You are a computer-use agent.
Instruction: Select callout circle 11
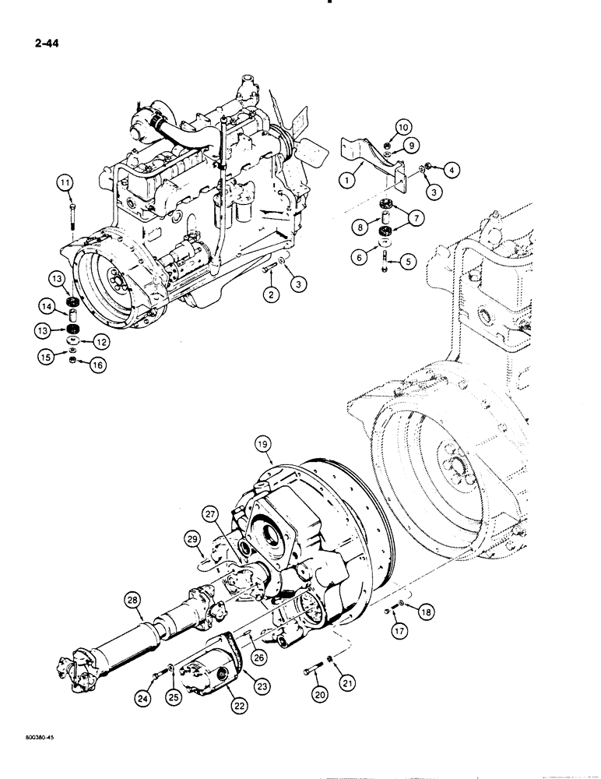67,183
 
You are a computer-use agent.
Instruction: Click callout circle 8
359,227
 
